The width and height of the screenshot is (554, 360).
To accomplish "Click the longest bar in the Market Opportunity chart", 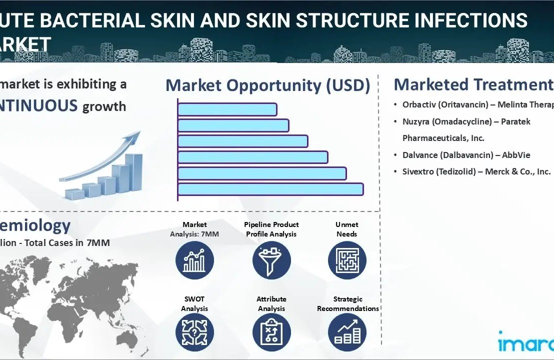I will [270, 189].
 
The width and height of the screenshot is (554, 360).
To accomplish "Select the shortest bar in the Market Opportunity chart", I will [227, 109].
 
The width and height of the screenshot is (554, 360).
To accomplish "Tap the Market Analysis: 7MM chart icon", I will [194, 260].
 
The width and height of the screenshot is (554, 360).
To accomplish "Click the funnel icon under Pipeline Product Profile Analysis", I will [271, 260].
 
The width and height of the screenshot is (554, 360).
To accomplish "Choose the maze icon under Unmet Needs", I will [347, 260].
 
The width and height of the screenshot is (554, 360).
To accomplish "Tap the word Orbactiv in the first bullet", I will [419, 104].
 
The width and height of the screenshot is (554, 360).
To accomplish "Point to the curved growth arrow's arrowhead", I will [134, 136].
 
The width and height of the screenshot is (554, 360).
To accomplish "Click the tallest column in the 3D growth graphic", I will [133, 172].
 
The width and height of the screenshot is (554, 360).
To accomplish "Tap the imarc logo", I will [525, 343].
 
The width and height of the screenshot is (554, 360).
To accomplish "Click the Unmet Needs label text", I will [346, 229].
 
